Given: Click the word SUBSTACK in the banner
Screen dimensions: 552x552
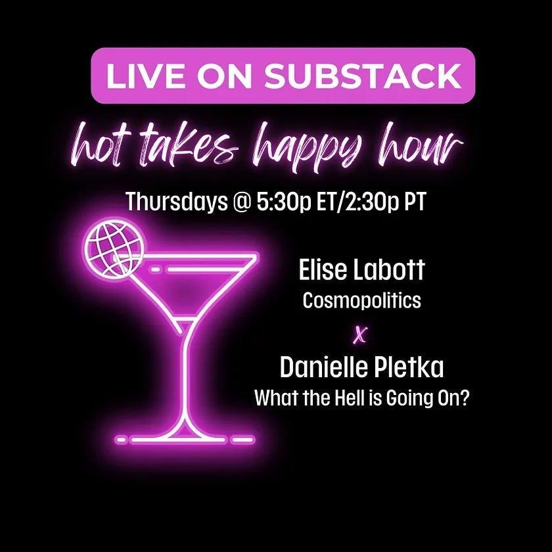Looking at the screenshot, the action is coord(363,76).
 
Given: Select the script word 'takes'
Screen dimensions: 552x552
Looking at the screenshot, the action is coord(183,146).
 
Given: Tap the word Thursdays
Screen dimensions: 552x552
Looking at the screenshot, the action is coord(177,202).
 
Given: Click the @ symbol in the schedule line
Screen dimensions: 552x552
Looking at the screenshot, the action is coord(242,202).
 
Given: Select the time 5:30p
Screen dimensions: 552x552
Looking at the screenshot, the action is coord(284,202).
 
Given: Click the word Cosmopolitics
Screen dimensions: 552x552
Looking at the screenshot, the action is coord(361,302).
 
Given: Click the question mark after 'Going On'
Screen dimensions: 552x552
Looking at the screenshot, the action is coord(465,398).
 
